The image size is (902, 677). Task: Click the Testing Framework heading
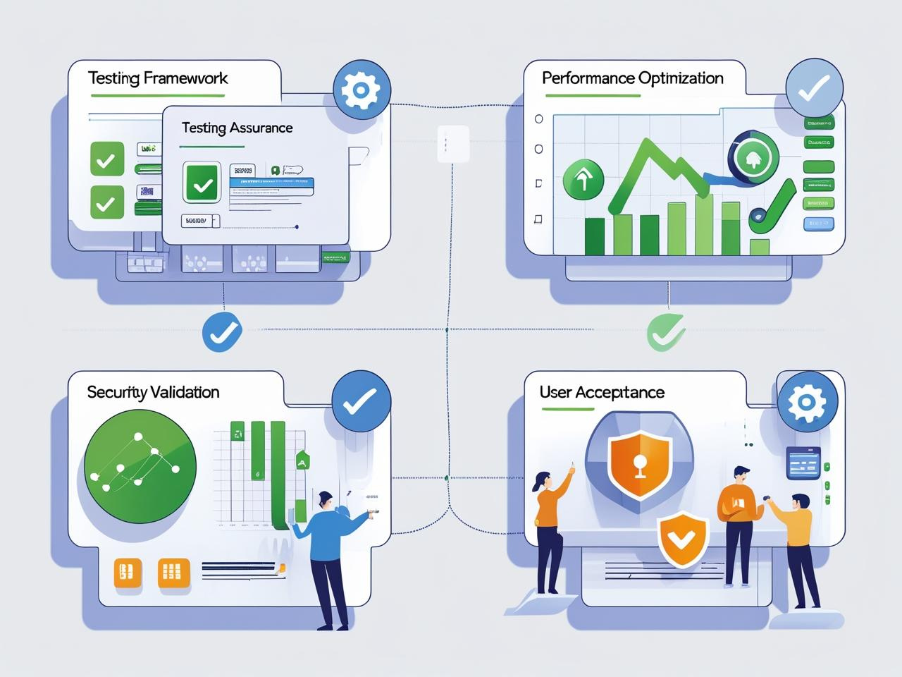tap(158, 78)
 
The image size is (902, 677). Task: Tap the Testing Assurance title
tap(237, 128)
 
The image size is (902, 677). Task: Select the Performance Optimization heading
tap(632, 78)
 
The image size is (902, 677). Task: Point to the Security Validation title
tap(153, 392)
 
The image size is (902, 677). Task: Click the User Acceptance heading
tap(602, 392)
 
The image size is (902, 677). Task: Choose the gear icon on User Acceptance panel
tap(807, 403)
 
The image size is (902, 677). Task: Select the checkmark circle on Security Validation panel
tap(360, 401)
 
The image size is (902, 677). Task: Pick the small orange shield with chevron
tap(682, 539)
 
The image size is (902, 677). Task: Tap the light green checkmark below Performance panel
tap(665, 331)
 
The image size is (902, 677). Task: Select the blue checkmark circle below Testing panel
tap(222, 331)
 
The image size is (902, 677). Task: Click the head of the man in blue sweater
tap(326, 499)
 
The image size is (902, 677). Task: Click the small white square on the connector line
tap(452, 143)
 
